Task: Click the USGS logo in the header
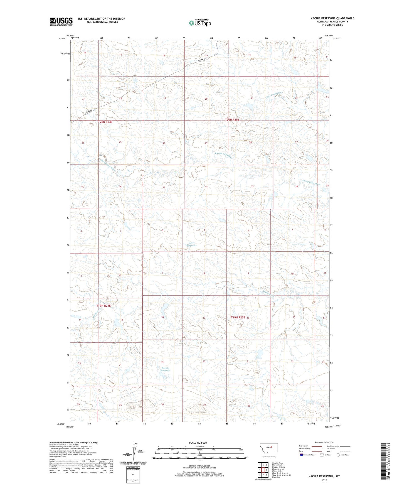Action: pos(61,21)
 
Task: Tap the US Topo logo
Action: pos(200,23)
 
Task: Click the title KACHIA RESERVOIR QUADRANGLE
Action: pos(332,18)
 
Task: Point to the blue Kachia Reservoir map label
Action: pos(166,369)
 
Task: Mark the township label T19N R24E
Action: pos(103,306)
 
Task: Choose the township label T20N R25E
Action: pos(232,120)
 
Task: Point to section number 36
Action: pos(120,186)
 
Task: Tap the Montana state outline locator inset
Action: pos(268,447)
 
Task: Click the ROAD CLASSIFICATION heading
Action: pos(324,442)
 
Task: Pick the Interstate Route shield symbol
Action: pos(302,455)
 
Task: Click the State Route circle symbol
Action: pos(338,455)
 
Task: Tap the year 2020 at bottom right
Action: pos(324,480)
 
